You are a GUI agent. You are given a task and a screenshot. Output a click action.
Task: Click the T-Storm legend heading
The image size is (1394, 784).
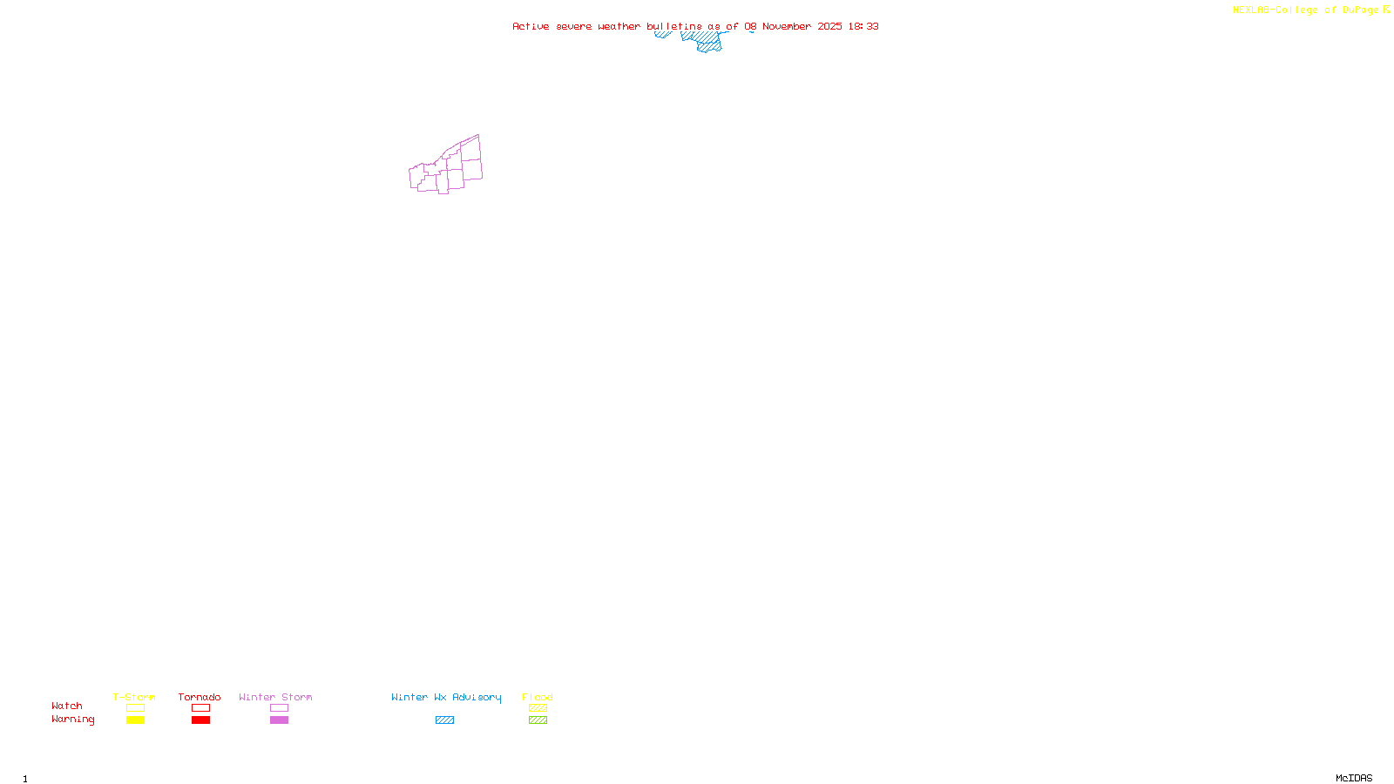[x=134, y=697]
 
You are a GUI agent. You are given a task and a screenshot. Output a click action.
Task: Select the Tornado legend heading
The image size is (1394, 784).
[x=200, y=697]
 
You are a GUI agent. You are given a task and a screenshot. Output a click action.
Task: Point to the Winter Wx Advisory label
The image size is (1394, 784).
[x=446, y=697]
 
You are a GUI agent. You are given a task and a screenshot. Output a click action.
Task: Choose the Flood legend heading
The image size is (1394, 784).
[x=538, y=697]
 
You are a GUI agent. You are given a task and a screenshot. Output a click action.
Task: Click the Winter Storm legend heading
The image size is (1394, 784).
[x=275, y=697]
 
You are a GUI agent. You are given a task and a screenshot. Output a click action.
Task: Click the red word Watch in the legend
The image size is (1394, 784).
[x=67, y=706]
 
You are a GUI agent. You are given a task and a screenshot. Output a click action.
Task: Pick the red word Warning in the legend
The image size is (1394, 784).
[x=73, y=720]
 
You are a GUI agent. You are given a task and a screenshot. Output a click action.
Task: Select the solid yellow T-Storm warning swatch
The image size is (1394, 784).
[x=135, y=720]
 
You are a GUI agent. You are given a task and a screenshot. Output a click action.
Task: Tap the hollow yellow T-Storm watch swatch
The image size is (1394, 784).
[x=135, y=708]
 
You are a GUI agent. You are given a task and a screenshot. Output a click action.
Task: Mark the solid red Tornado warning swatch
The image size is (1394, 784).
[x=201, y=720]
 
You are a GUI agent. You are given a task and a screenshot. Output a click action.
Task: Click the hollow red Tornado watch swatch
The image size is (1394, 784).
[x=201, y=708]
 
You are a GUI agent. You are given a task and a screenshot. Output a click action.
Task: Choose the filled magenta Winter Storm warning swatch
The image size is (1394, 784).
[x=279, y=720]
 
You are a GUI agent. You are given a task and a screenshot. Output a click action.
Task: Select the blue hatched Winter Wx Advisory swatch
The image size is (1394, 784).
[x=444, y=720]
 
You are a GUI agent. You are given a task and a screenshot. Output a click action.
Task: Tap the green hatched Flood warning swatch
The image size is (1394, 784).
[x=538, y=720]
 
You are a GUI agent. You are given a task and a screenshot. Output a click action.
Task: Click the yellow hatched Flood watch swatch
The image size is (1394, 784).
[x=538, y=708]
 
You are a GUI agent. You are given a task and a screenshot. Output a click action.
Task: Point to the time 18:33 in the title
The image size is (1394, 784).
[x=863, y=26]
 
